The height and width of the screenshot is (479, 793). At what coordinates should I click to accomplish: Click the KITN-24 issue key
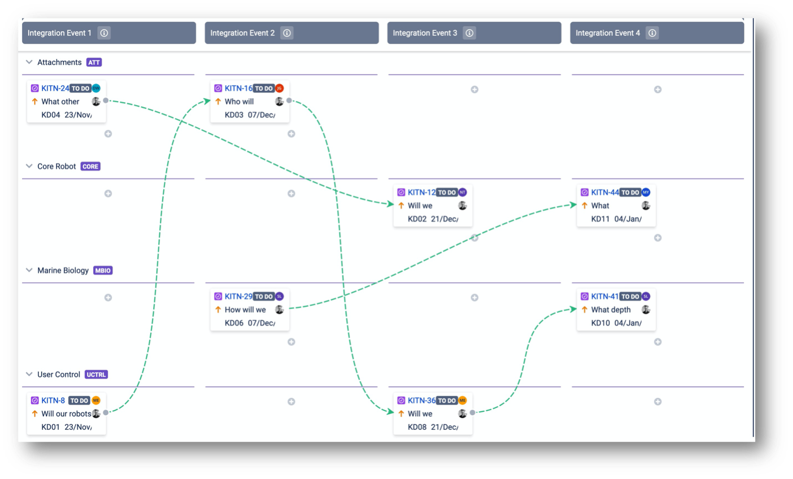click(x=55, y=88)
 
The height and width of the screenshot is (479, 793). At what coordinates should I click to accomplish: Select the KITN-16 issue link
click(x=238, y=88)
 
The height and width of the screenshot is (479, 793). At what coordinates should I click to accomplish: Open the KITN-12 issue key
click(x=421, y=192)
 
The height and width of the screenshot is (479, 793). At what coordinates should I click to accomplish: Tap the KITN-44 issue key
click(x=605, y=192)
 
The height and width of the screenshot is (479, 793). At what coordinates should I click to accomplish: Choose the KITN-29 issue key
click(x=238, y=296)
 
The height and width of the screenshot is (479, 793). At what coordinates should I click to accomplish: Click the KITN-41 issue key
click(x=604, y=296)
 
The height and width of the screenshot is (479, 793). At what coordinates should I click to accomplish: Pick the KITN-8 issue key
click(x=53, y=401)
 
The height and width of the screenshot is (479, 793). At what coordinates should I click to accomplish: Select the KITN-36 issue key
click(x=421, y=401)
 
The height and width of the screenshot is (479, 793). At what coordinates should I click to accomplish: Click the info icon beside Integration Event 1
click(x=104, y=33)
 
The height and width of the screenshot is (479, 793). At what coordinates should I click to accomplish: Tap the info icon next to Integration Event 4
click(x=652, y=33)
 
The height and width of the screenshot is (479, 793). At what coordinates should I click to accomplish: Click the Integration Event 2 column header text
click(x=242, y=33)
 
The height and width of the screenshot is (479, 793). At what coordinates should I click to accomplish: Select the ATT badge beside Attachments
click(x=94, y=63)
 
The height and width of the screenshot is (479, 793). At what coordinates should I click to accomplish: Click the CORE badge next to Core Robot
click(x=90, y=166)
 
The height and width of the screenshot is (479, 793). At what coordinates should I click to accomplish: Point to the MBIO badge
click(x=103, y=271)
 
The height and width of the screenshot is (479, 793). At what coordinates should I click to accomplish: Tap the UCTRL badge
click(x=96, y=375)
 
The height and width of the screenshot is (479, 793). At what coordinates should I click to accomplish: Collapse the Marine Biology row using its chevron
click(x=29, y=270)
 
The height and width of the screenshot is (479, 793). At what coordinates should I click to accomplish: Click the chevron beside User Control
click(x=29, y=374)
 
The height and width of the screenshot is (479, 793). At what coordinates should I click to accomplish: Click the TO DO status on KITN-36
click(x=447, y=401)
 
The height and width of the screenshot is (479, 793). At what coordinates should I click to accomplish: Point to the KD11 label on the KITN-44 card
click(x=600, y=219)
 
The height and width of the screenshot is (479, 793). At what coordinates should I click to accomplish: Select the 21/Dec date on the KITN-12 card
click(x=444, y=219)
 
